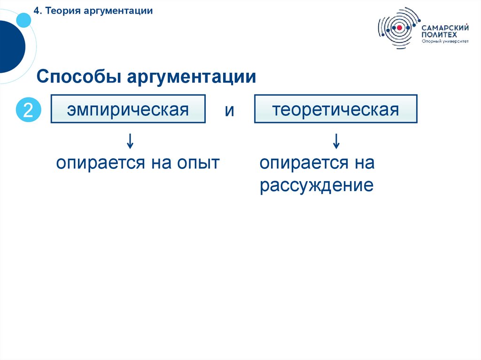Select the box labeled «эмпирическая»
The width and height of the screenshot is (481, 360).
point(128,109)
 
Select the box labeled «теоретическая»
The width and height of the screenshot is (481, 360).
point(335,109)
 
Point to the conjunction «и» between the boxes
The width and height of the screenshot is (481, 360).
point(229,111)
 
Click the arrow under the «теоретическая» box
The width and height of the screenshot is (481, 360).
point(336,140)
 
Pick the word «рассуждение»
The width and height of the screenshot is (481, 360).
point(317,186)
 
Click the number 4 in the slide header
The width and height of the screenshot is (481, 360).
point(36,10)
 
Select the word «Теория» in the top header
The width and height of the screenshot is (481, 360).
point(63,10)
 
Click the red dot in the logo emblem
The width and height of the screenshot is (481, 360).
point(399,28)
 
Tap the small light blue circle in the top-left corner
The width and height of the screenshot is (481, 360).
point(23,19)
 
